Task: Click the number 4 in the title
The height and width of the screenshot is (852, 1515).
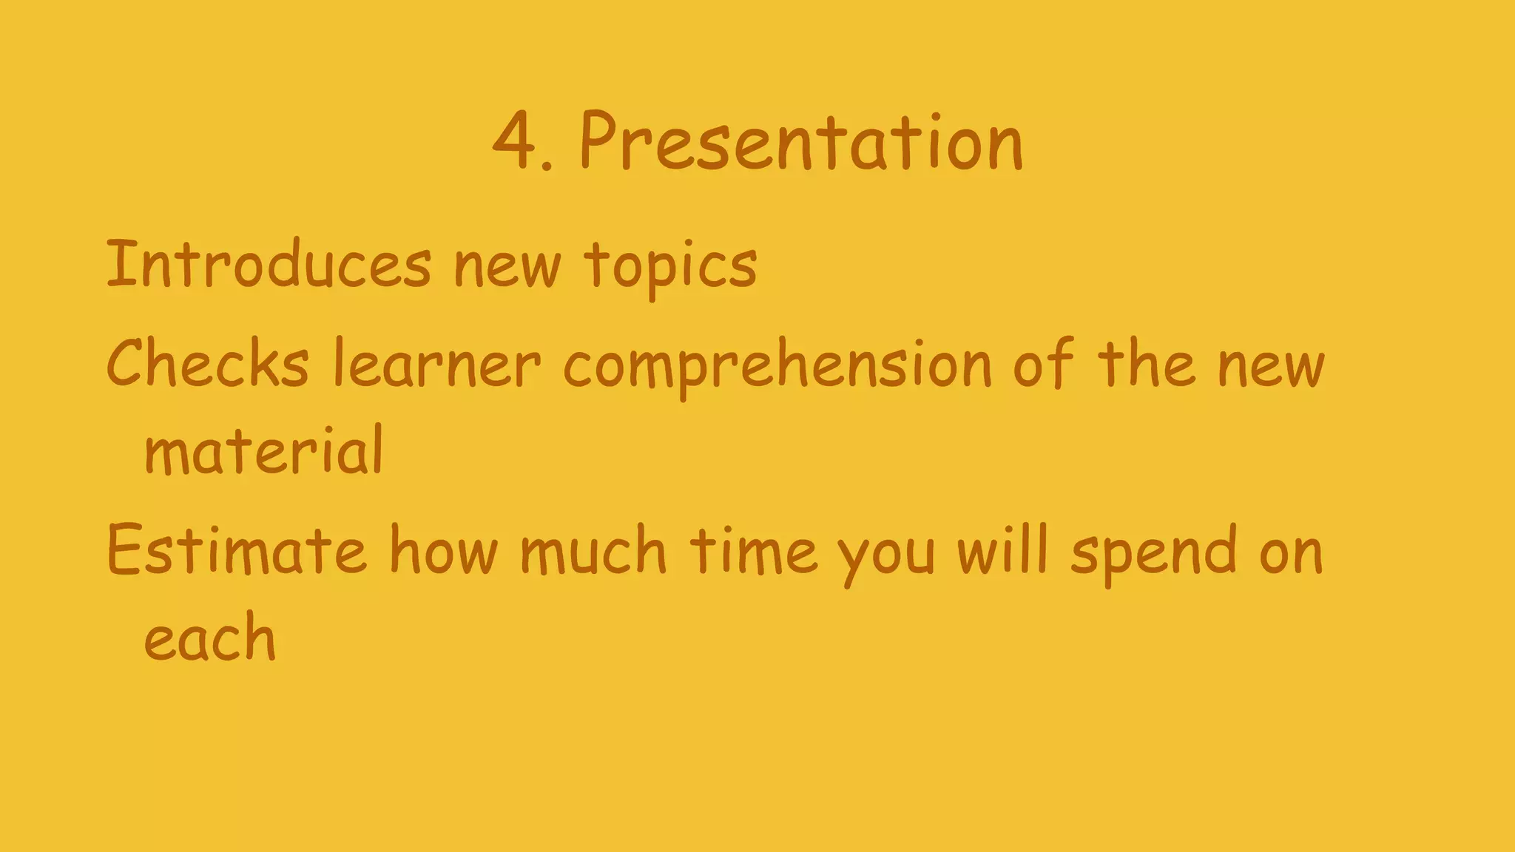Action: [x=515, y=142]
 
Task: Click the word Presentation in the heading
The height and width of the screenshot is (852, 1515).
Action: [x=801, y=143]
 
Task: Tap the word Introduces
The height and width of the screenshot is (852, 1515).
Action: [x=269, y=264]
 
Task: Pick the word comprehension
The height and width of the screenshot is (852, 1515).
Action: [x=777, y=367]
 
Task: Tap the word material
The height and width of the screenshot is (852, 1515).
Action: [x=264, y=451]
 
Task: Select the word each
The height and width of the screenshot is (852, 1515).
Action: [x=209, y=638]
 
